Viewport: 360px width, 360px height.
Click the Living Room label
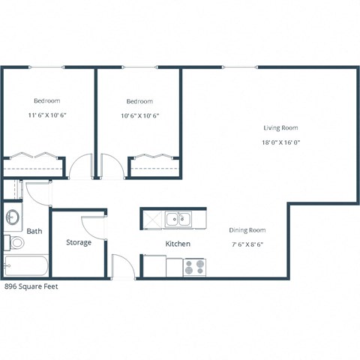276,127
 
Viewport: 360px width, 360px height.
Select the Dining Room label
247,230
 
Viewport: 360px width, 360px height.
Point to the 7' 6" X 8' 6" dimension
247,244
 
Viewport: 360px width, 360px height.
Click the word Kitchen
178,244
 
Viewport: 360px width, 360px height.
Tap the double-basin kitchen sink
178,220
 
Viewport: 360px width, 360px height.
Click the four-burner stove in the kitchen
194,267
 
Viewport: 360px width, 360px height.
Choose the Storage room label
79,242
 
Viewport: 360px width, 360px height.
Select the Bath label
34,231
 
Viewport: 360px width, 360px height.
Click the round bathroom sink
13,218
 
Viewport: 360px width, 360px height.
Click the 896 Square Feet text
31,286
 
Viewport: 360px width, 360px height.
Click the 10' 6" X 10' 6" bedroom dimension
139,116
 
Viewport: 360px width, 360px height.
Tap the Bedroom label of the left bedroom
46,100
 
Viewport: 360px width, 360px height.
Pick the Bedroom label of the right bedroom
139,101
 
